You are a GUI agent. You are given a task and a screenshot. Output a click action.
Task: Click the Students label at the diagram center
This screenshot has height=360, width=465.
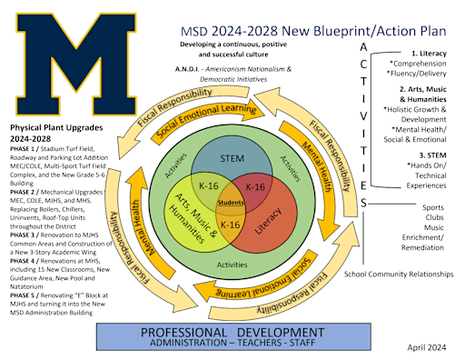pyautogui.click(x=232, y=201)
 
